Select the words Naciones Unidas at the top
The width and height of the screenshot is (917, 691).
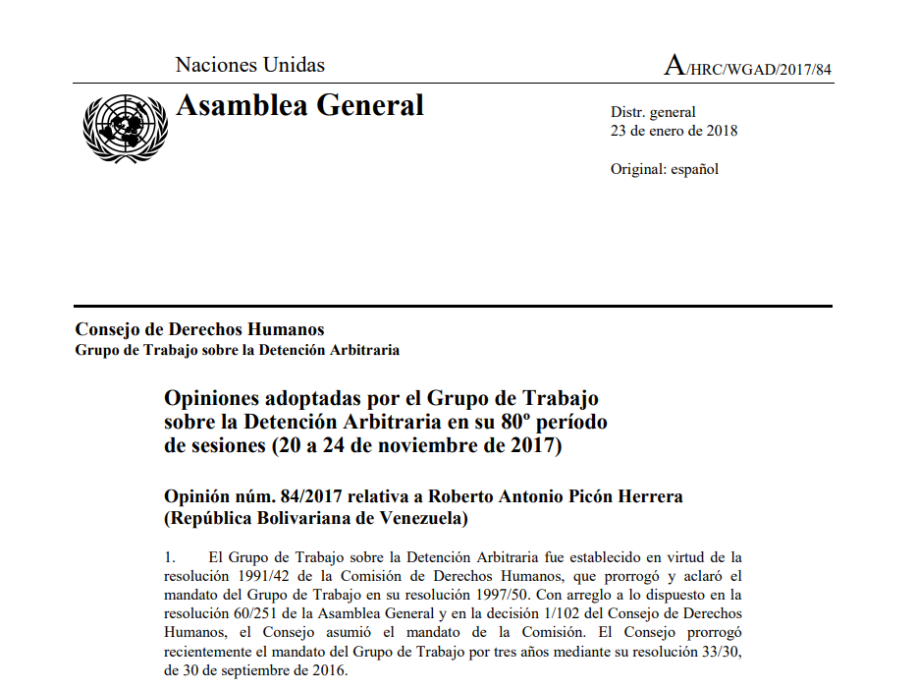pyautogui.click(x=249, y=66)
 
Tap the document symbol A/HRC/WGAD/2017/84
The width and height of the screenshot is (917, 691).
pyautogui.click(x=748, y=67)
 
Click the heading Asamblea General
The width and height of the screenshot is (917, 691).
pyautogui.click(x=299, y=105)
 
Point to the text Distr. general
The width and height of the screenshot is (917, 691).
pyautogui.click(x=653, y=112)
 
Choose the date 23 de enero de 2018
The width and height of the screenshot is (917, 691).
pyautogui.click(x=674, y=131)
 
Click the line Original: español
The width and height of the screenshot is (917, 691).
pyautogui.click(x=665, y=169)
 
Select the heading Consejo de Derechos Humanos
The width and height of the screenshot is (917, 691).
pyautogui.click(x=199, y=330)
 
